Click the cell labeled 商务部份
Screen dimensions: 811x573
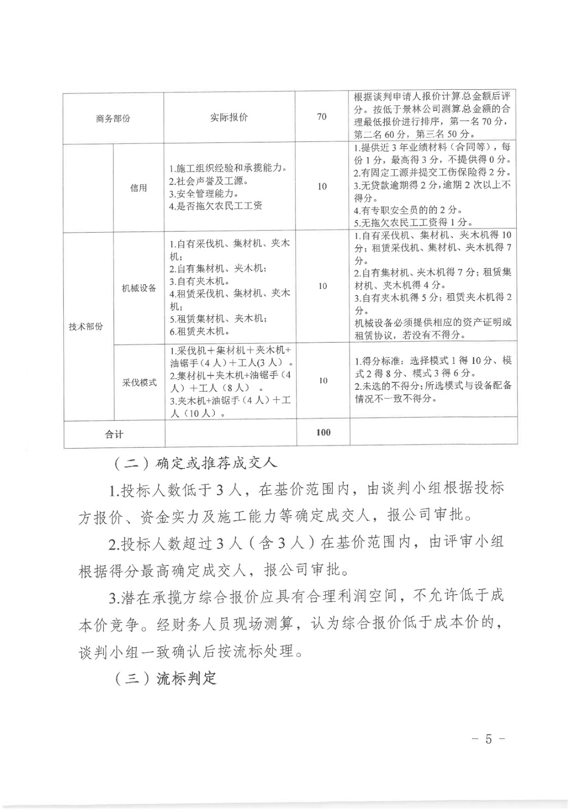click(x=113, y=119)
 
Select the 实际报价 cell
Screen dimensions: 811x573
click(x=229, y=118)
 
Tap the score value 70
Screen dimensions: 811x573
click(x=322, y=117)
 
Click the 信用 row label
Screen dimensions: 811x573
click(x=138, y=188)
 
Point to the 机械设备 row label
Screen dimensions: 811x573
click(x=139, y=288)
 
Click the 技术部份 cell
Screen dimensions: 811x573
click(x=86, y=327)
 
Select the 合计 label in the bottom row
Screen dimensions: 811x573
click(x=114, y=434)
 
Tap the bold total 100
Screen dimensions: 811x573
click(x=323, y=432)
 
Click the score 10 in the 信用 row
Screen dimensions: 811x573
click(x=322, y=187)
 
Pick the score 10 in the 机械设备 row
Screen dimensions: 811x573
click(x=323, y=286)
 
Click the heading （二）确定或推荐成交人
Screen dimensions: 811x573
click(x=194, y=463)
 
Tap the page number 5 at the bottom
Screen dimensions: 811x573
click(x=488, y=739)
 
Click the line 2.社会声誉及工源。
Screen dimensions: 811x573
click(x=208, y=181)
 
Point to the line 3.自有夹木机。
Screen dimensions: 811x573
click(x=200, y=281)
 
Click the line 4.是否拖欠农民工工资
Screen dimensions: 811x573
click(x=215, y=206)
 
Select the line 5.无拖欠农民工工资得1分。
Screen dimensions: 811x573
click(x=413, y=223)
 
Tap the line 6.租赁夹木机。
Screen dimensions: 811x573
click(x=200, y=331)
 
